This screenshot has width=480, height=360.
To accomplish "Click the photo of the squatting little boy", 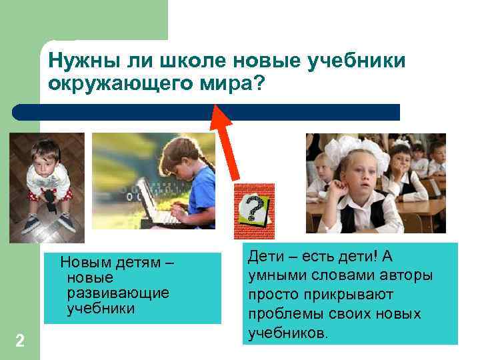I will (47, 187).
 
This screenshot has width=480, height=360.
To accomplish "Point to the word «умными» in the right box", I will (273, 275).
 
